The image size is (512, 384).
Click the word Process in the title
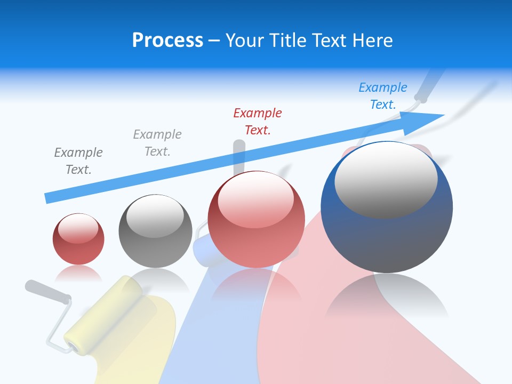point(167,41)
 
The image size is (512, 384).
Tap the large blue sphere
point(387,235)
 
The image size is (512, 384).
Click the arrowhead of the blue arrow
point(432,117)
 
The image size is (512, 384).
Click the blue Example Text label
point(383,96)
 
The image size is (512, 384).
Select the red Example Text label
point(258,122)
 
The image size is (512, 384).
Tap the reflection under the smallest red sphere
point(78,274)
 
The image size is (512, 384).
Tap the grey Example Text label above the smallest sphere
point(78,161)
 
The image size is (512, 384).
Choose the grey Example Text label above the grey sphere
point(157,143)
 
